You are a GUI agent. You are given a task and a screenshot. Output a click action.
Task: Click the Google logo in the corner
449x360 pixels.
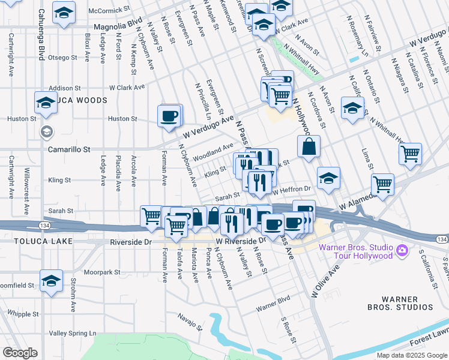coord(20,353)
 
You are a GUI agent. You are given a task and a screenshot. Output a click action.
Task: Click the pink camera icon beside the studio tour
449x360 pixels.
coord(402,249)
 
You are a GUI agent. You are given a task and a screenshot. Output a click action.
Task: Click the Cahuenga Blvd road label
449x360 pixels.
coord(42,30)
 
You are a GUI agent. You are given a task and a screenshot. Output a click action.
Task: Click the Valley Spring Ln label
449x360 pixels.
coord(73,333)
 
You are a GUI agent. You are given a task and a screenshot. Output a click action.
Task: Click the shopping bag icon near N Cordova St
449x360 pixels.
coord(309,147)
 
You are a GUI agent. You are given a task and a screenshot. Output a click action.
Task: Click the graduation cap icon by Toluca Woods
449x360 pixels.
coord(46,103)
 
